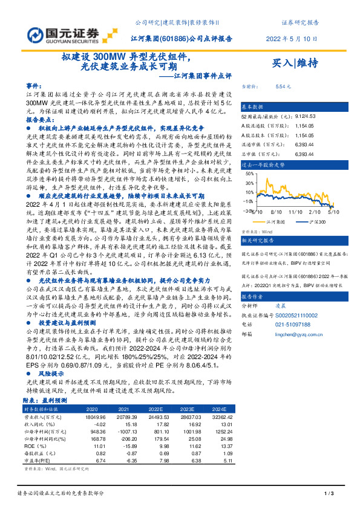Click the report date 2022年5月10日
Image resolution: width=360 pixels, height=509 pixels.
click(292, 38)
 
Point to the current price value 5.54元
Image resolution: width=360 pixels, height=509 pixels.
click(283, 87)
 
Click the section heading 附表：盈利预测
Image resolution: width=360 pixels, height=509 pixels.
click(47, 400)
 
